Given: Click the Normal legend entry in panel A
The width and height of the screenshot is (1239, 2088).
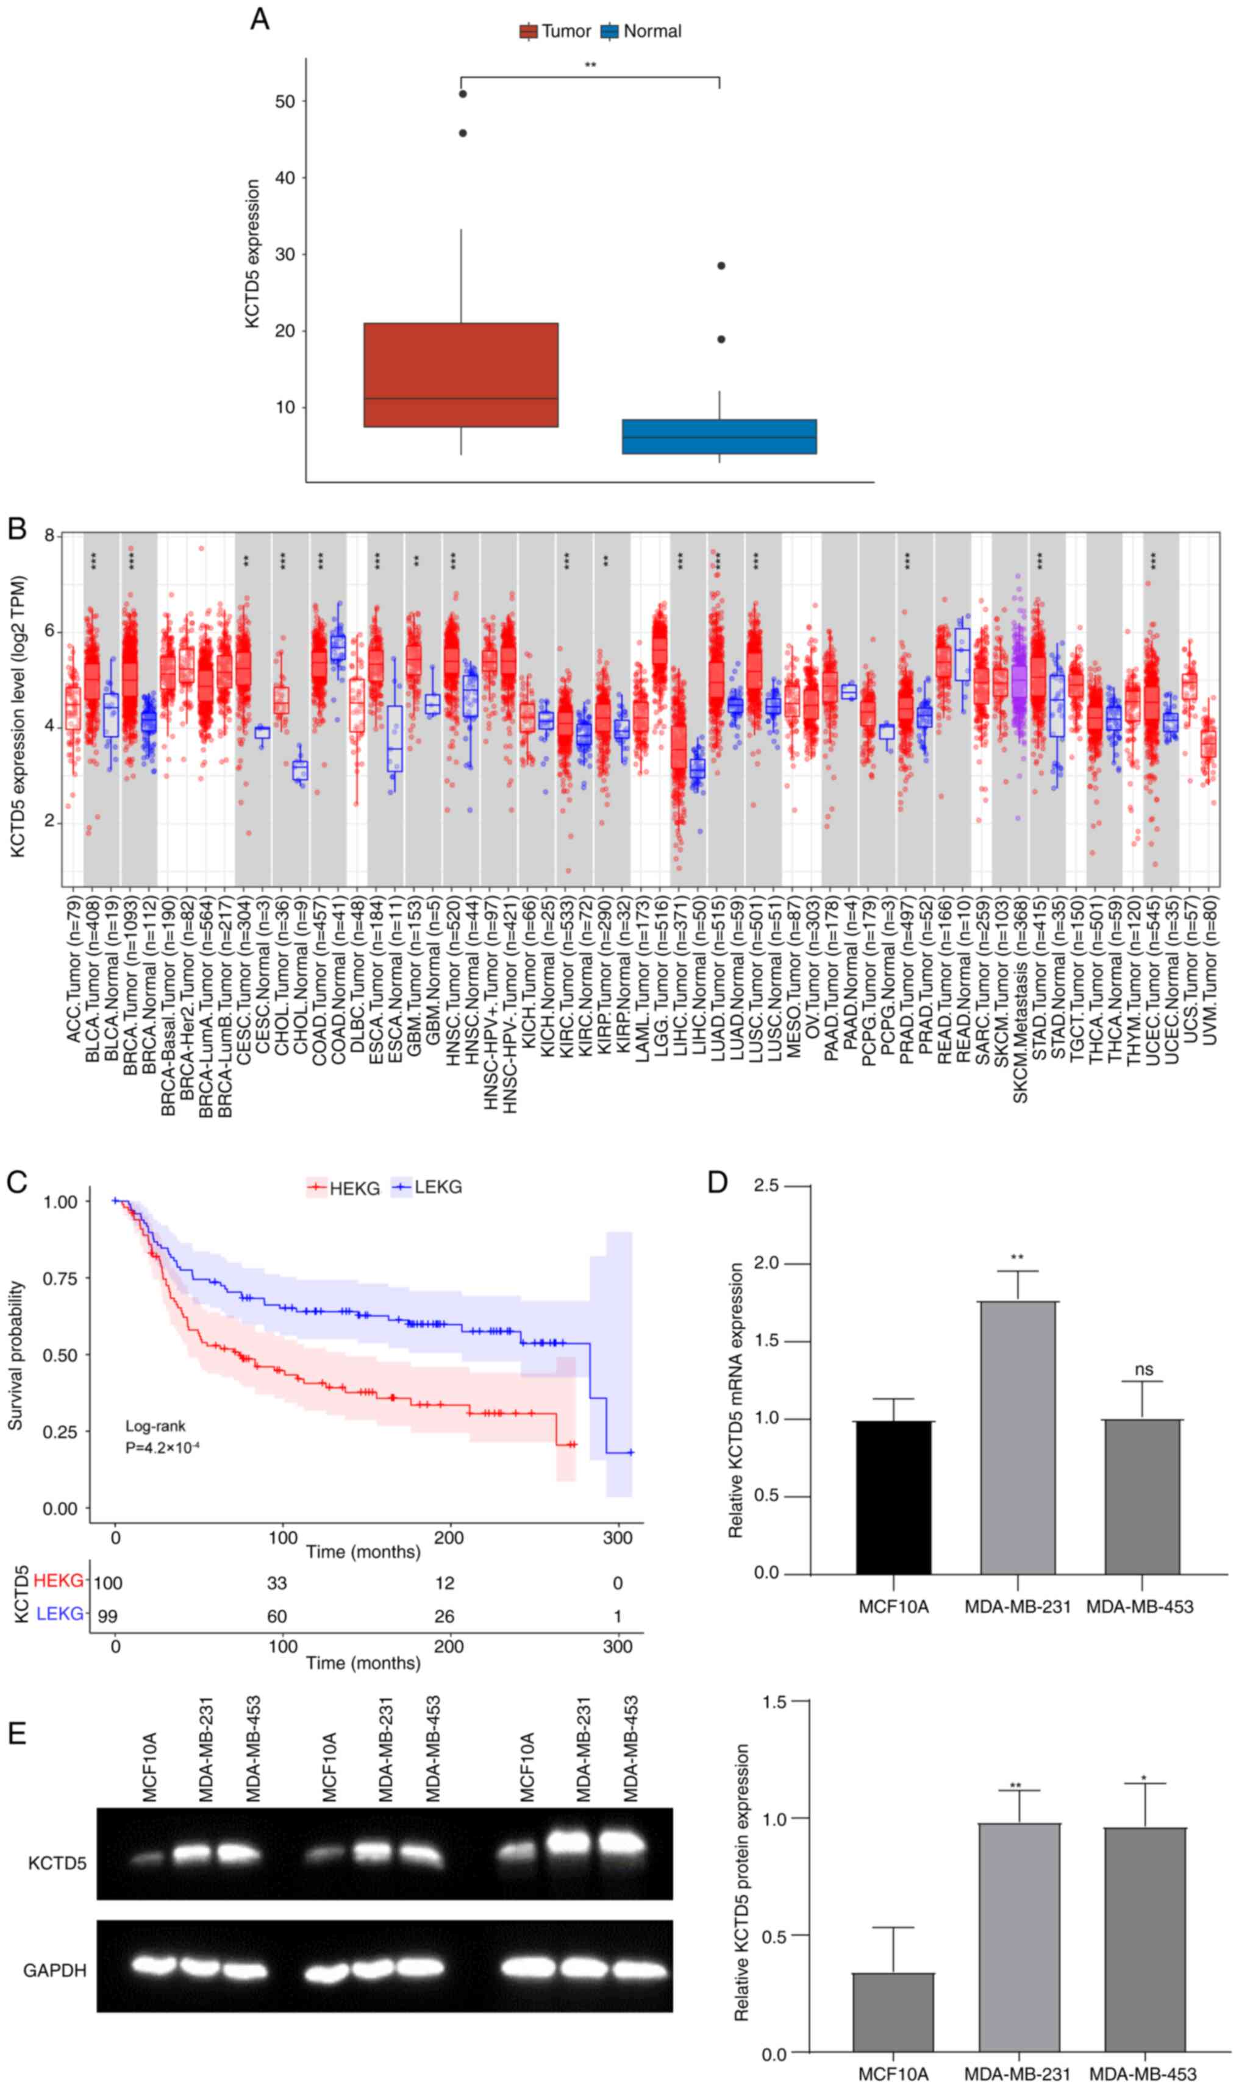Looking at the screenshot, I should point(641,32).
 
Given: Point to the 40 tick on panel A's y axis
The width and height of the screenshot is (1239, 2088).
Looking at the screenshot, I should point(285,178).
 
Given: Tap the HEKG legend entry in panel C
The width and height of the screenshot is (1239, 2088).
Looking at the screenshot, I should point(344,1188).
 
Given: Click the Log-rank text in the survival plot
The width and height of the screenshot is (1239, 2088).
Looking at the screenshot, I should point(155,1426).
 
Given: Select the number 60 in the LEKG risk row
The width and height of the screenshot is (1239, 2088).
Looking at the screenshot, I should point(276,1616).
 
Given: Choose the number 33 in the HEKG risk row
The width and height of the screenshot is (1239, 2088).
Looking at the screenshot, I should point(276,1583).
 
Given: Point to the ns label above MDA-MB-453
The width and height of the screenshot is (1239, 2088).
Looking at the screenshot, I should point(1143,1369).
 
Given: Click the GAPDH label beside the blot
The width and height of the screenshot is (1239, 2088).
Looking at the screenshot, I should point(55,1970).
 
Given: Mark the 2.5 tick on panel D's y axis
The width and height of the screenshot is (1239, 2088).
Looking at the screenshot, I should point(766,1186).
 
